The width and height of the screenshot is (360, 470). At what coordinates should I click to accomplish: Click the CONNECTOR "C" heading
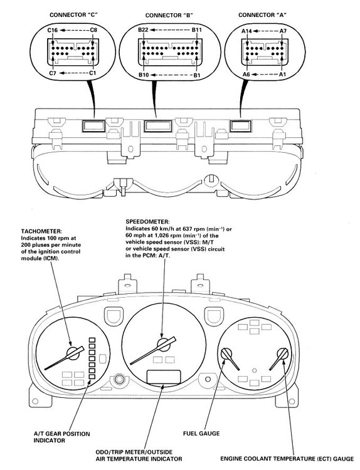[x=74, y=14]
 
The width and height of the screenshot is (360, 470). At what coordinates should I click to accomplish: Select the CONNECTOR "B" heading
[x=169, y=15]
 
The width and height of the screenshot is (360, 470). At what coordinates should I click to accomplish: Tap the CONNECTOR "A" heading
[x=262, y=14]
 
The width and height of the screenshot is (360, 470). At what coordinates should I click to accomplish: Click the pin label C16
[x=53, y=30]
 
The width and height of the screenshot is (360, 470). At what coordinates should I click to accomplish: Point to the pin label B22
[x=144, y=30]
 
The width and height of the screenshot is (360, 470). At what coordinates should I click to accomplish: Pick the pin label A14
[x=247, y=31]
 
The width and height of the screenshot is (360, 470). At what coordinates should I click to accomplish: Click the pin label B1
[x=196, y=75]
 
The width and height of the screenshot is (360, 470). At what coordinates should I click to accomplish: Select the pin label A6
[x=246, y=74]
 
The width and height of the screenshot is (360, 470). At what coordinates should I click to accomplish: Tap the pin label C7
[x=53, y=73]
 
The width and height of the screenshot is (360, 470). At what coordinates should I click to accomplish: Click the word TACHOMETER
[x=41, y=231]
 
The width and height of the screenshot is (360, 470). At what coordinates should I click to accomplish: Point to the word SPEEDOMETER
[x=147, y=222]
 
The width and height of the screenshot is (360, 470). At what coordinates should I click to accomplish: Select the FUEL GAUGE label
[x=201, y=434]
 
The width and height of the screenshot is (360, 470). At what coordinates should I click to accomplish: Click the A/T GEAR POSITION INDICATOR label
[x=61, y=437]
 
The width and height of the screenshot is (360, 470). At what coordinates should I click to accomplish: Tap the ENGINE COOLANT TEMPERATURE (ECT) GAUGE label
[x=287, y=459]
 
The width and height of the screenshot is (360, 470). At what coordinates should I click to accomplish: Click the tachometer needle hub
[x=73, y=353]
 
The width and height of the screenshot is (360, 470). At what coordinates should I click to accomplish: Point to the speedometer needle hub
[x=164, y=345]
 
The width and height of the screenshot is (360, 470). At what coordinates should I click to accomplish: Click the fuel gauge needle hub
[x=226, y=354]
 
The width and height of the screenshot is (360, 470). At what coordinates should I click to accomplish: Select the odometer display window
[x=164, y=377]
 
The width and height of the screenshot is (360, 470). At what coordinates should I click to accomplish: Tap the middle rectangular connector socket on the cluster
[x=158, y=126]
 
